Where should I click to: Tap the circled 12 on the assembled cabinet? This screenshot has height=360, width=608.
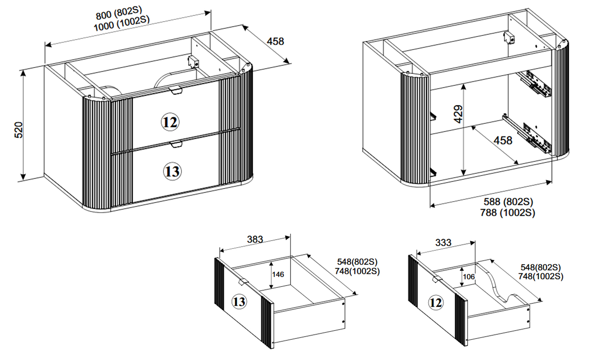(170, 122)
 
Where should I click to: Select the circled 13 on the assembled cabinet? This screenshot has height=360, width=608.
(172, 171)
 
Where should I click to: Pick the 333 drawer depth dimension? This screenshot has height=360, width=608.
(444, 243)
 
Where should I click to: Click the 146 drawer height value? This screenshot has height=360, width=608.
(278, 274)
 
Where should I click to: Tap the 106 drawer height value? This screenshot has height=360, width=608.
(469, 277)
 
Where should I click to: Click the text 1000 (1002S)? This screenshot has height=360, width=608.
(122, 26)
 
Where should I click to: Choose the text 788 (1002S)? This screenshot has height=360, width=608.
(508, 212)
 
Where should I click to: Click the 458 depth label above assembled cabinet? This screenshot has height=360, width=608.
(276, 41)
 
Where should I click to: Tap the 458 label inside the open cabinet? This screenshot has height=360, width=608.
(503, 140)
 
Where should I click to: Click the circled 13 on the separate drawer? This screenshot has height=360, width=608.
(239, 301)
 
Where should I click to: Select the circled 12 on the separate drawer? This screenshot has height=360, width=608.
(435, 303)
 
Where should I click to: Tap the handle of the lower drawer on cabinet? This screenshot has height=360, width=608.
(176, 144)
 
